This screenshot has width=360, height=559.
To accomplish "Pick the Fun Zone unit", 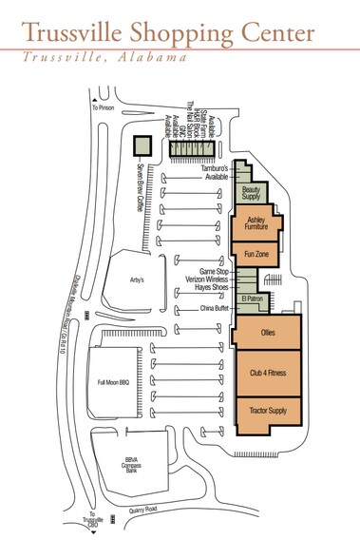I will pos(255,254).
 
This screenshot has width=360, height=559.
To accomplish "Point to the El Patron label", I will pos(251,298).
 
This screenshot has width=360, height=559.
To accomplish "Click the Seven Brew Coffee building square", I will pos(142,145).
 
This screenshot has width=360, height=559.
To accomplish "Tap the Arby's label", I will pos(134,279).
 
